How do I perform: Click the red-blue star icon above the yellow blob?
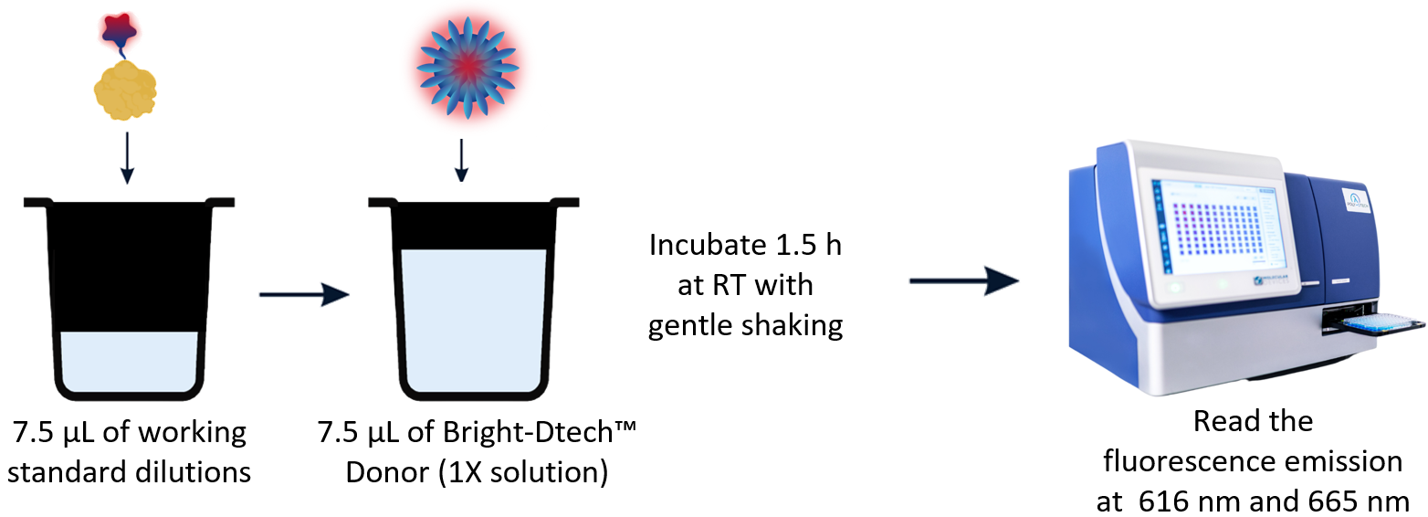(x=119, y=29)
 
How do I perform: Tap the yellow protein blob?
(x=125, y=90)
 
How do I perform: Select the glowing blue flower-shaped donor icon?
(x=467, y=67)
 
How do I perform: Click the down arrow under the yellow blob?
(x=128, y=158)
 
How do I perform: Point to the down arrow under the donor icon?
(x=462, y=160)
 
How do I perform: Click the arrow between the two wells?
(x=304, y=294)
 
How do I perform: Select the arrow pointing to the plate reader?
(x=964, y=280)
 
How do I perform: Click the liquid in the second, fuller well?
(x=474, y=320)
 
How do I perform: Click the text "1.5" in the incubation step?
(x=793, y=245)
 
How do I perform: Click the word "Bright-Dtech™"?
(x=540, y=432)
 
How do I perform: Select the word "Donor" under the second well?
(x=387, y=472)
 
